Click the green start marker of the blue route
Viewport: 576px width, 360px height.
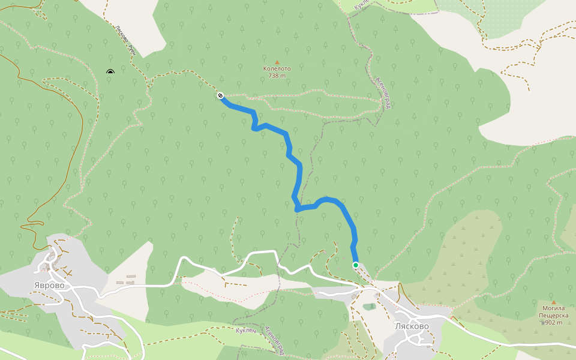(355, 265)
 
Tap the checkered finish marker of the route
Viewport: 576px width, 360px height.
(221, 95)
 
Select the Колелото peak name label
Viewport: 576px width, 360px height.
(277, 68)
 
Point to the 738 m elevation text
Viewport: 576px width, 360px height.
(277, 76)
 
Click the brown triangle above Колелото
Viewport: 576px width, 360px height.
(277, 62)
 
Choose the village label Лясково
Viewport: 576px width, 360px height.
(412, 326)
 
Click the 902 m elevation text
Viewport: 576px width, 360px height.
(554, 323)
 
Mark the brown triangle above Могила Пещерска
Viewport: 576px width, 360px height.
(553, 302)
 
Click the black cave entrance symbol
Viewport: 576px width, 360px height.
(110, 73)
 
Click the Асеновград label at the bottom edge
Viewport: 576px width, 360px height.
(272, 339)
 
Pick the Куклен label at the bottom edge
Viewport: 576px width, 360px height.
(247, 331)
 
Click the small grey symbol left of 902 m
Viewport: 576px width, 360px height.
(542, 323)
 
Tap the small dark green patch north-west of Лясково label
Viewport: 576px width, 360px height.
(370, 307)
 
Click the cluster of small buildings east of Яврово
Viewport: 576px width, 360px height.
(127, 280)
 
